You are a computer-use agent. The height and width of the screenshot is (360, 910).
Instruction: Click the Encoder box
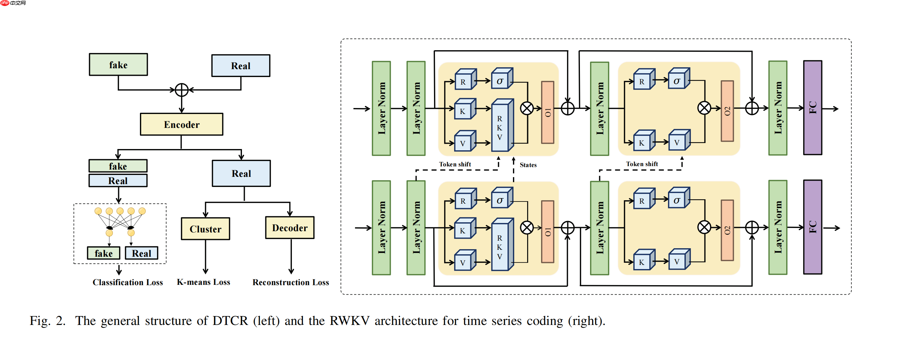(181, 124)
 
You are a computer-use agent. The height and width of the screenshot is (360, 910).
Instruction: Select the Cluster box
(205, 229)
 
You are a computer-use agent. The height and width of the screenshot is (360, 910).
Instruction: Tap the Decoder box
(290, 228)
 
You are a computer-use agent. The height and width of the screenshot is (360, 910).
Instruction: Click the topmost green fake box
(118, 65)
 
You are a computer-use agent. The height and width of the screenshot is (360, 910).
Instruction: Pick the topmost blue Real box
(241, 66)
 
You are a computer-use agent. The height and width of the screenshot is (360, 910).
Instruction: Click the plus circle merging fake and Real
(181, 90)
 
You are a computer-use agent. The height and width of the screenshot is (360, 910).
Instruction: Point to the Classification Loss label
(128, 282)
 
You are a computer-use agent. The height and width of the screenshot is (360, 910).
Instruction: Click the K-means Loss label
(203, 282)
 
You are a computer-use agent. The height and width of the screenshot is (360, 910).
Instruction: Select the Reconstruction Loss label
(290, 282)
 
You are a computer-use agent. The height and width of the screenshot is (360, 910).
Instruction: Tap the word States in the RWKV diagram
(528, 165)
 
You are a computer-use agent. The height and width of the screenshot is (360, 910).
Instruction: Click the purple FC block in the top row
(812, 108)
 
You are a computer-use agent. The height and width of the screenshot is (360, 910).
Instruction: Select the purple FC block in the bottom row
(812, 227)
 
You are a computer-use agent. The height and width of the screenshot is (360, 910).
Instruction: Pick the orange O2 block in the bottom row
(727, 230)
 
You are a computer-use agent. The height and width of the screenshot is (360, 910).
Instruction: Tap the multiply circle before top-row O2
(704, 108)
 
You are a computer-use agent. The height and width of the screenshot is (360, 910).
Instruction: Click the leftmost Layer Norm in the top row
(381, 108)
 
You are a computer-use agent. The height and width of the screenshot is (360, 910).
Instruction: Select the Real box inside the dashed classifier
(141, 253)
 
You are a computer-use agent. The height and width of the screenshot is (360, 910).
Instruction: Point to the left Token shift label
(455, 164)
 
